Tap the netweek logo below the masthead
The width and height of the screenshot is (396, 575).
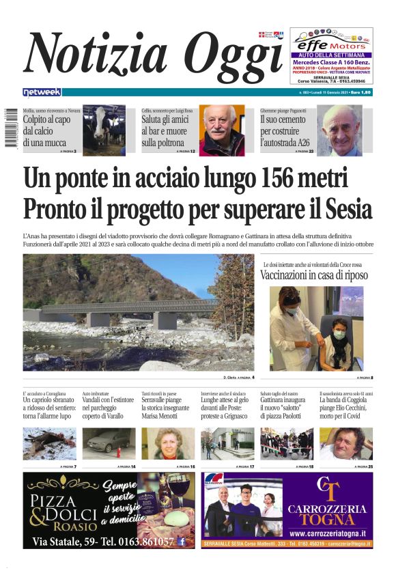42,92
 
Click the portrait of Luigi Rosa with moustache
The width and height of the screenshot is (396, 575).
222,130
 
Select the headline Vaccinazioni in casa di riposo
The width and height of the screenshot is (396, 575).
313,275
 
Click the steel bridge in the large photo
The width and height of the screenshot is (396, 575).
123,307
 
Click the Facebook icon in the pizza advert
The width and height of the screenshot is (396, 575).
182,542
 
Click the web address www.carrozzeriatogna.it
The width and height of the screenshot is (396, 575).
328,533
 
